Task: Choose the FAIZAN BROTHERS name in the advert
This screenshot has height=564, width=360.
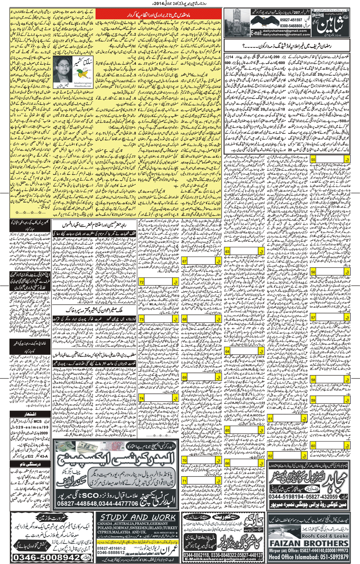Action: click(x=309, y=544)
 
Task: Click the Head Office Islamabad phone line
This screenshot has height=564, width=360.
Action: click(x=309, y=557)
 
